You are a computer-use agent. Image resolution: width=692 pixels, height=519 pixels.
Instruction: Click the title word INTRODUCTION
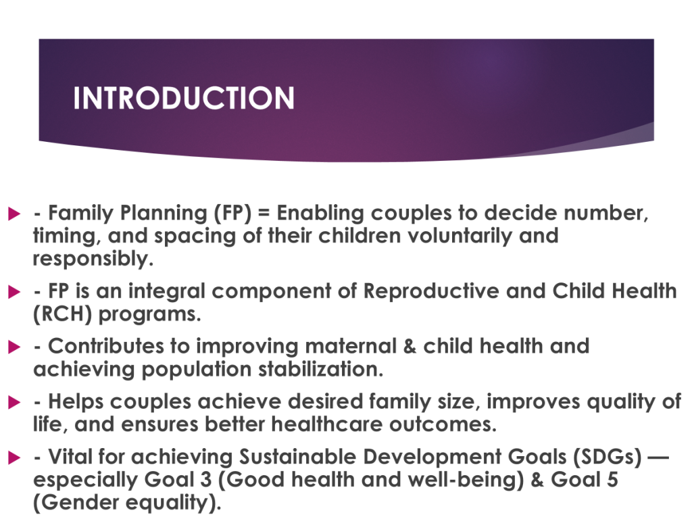click(x=184, y=98)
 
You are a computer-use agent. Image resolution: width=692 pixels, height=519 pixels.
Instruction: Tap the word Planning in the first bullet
click(x=164, y=214)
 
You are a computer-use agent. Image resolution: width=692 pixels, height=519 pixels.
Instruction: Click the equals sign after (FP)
click(x=264, y=213)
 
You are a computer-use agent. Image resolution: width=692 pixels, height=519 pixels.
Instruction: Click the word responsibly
click(x=93, y=259)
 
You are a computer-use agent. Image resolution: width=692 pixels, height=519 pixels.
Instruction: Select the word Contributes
click(x=106, y=347)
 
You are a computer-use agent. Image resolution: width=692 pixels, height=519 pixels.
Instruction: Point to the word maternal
click(x=351, y=347)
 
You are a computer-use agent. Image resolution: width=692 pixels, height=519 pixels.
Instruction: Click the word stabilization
click(x=320, y=370)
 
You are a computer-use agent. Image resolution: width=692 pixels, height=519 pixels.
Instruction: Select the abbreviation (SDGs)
click(x=608, y=458)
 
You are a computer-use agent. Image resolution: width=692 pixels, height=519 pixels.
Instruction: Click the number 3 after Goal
click(x=205, y=480)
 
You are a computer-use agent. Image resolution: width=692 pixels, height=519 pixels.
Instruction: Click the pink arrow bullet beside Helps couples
click(x=14, y=402)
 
